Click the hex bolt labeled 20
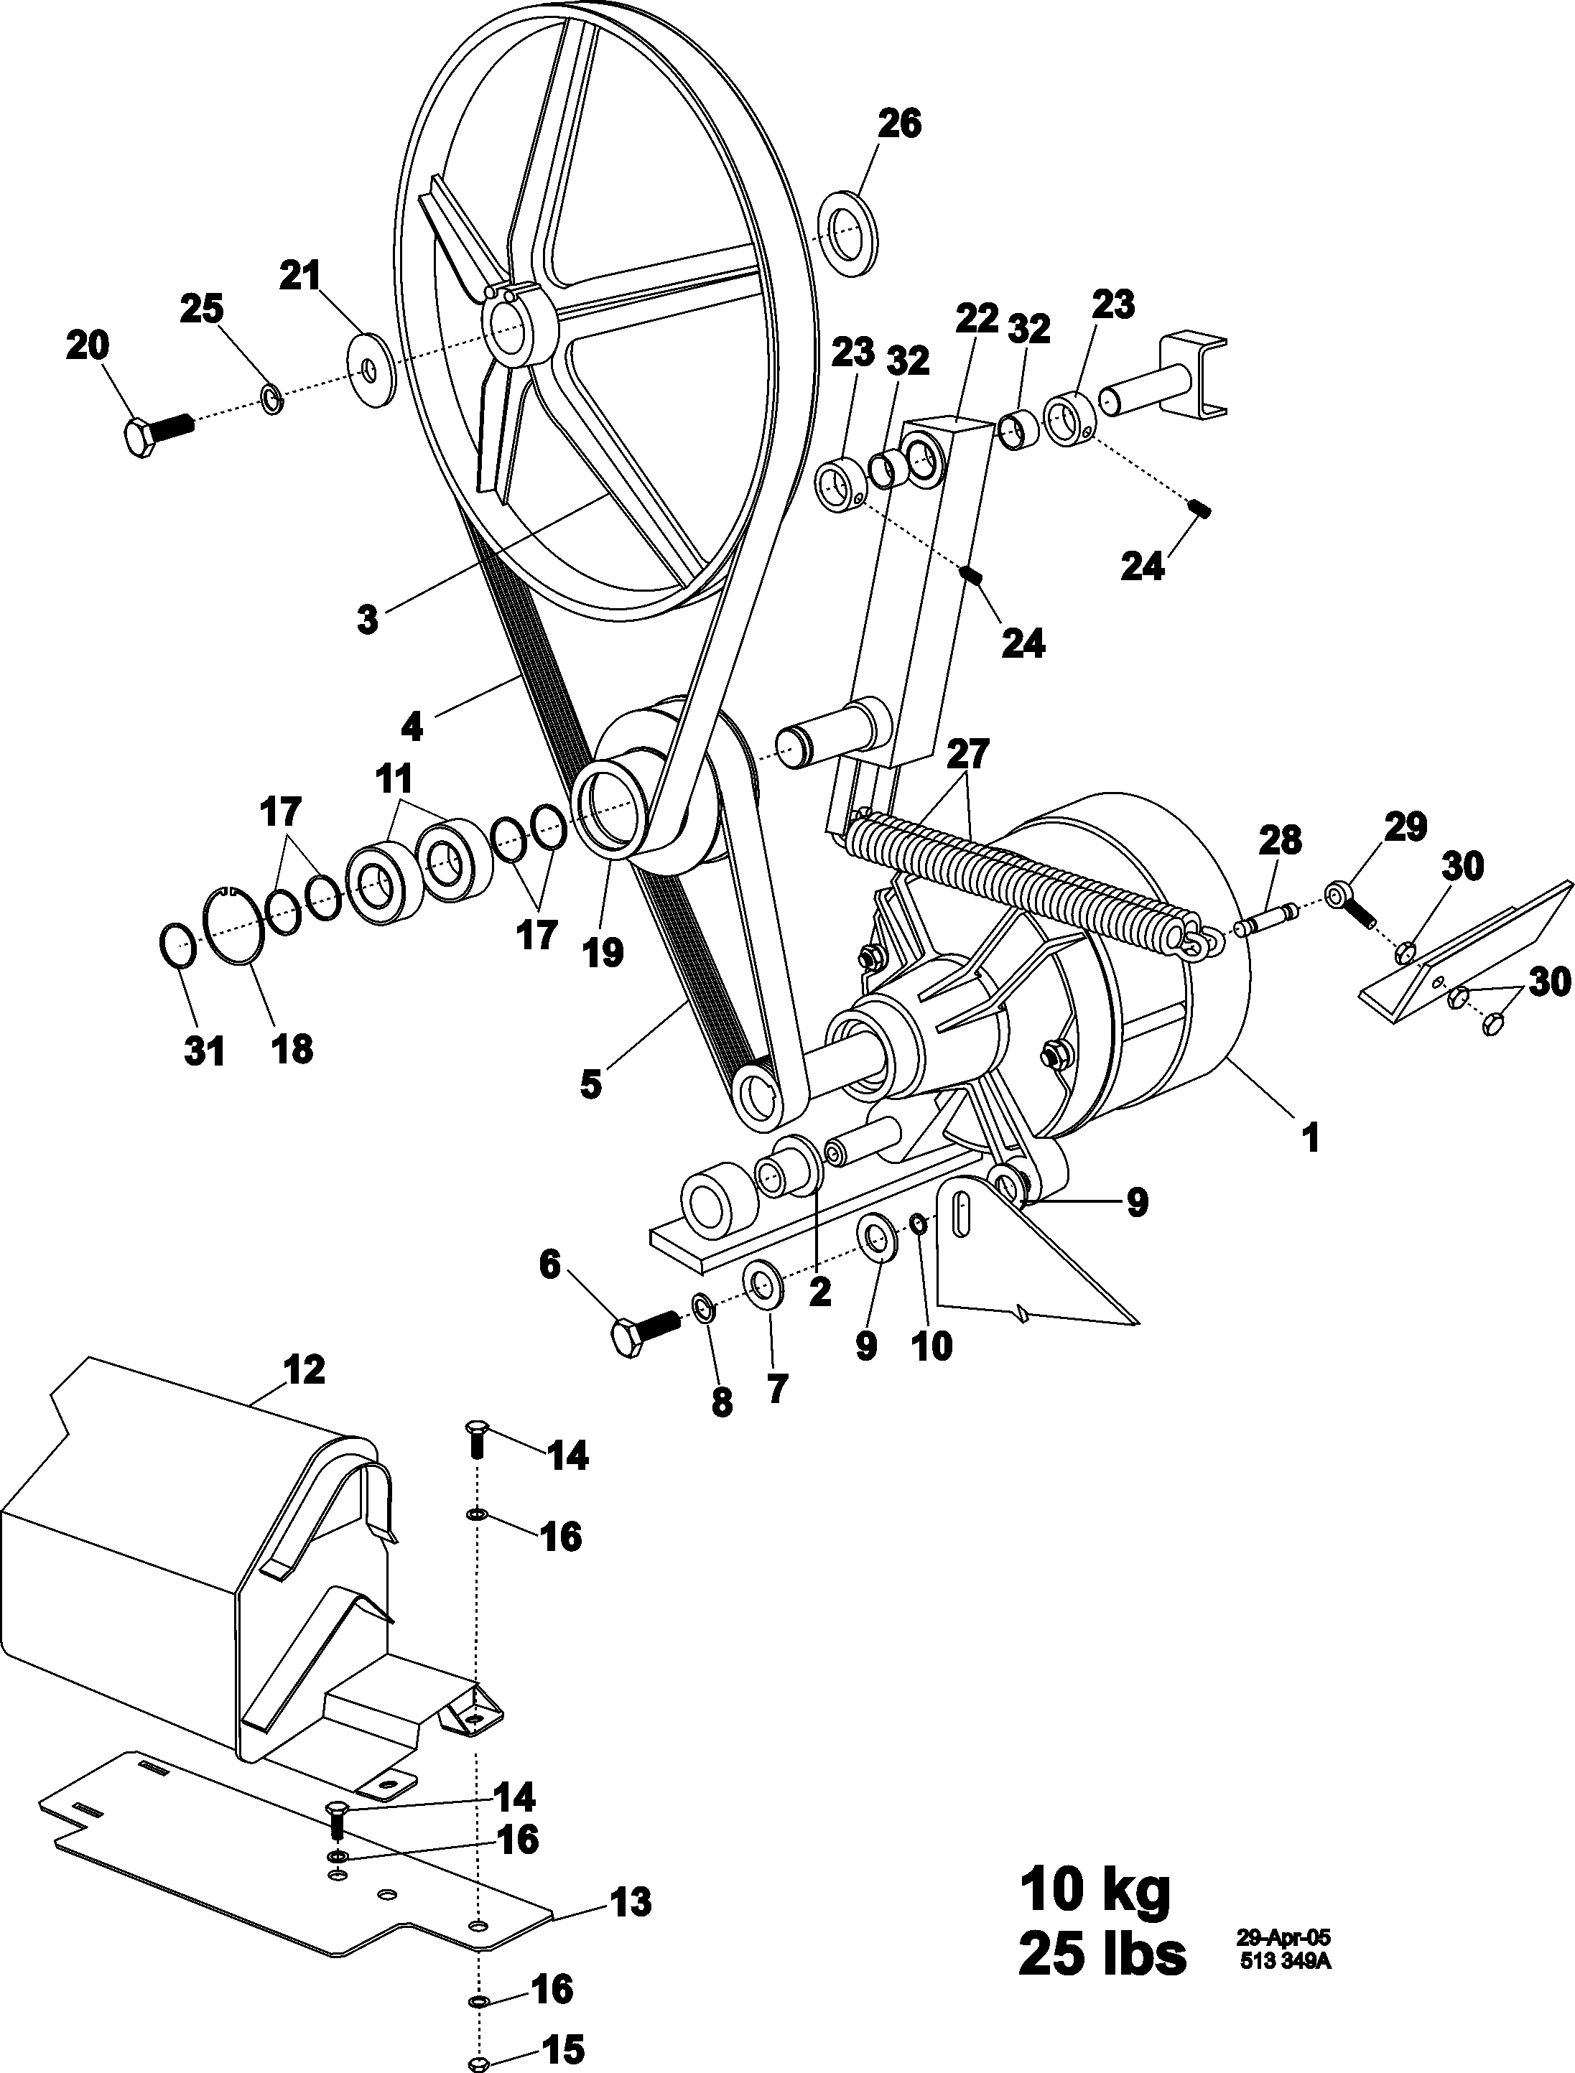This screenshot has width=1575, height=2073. click(x=157, y=434)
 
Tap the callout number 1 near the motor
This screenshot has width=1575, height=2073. click(x=1311, y=1139)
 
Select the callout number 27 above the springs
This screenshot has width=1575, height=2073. click(x=968, y=755)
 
